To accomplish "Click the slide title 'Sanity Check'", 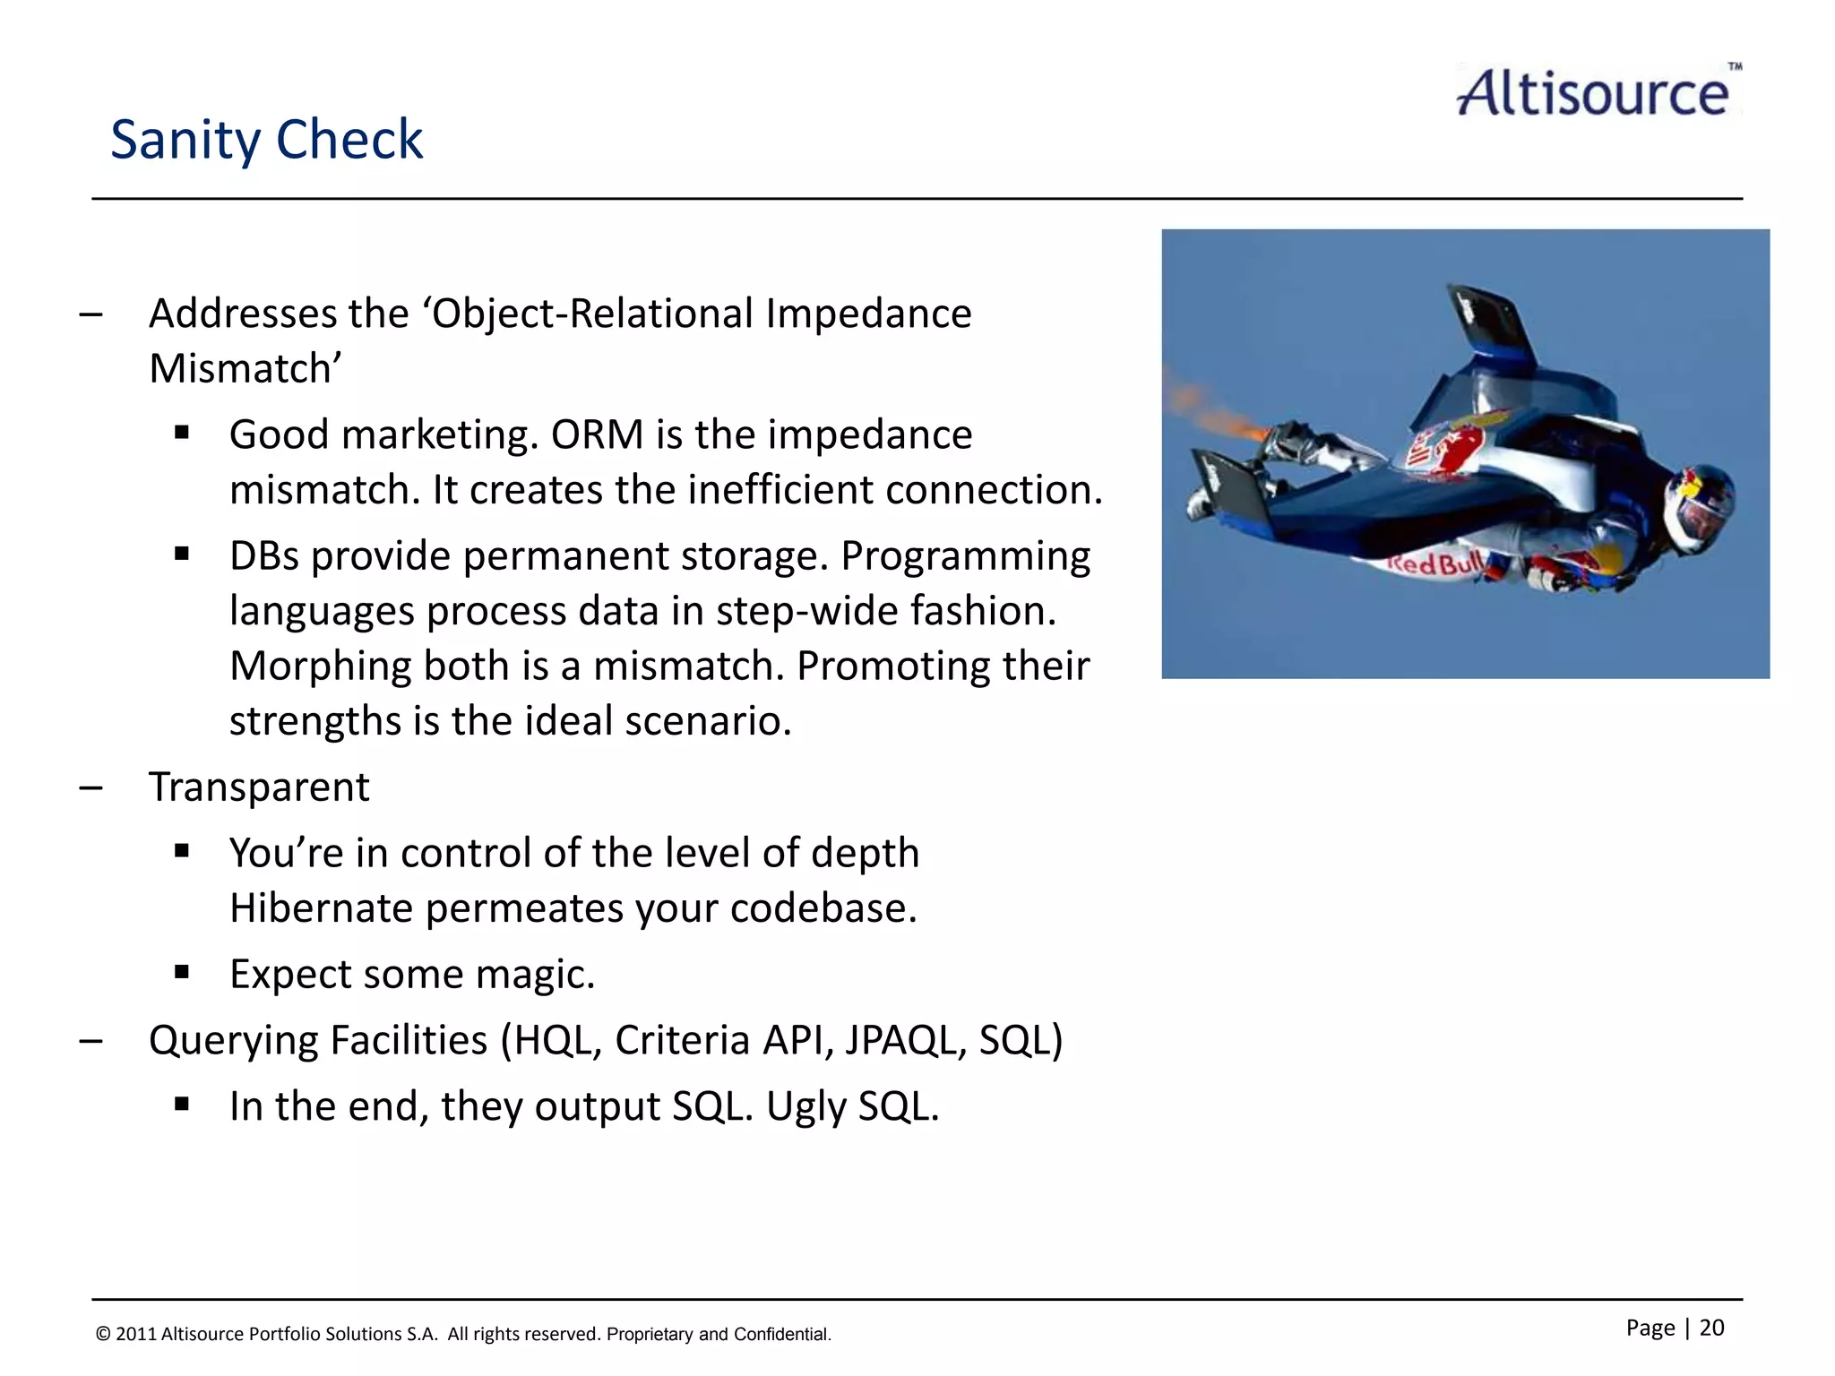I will (266, 140).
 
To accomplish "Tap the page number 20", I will (1711, 1328).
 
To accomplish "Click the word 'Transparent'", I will (259, 787).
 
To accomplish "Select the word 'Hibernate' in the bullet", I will (320, 908).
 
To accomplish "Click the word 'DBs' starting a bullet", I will (263, 556).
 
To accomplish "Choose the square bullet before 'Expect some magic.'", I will (182, 973).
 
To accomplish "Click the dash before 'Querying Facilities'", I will (90, 1041).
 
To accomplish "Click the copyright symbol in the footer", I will (103, 1334).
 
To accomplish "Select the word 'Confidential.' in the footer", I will (782, 1334).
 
